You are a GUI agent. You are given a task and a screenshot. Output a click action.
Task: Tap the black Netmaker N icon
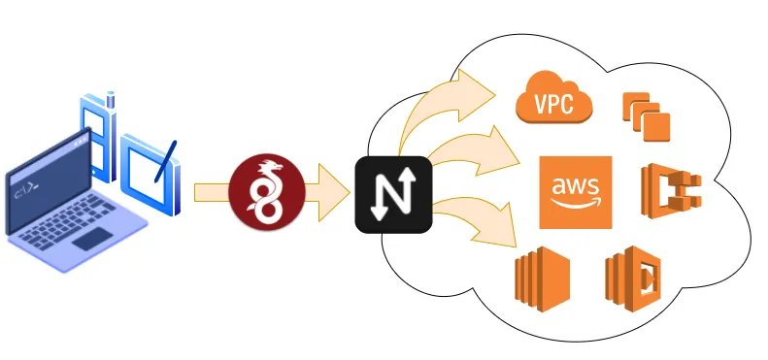point(392,193)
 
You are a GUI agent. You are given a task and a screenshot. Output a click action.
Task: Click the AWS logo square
point(576,192)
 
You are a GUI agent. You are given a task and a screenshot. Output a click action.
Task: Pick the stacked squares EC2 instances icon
point(647,115)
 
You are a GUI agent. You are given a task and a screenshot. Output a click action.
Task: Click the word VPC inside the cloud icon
point(554,104)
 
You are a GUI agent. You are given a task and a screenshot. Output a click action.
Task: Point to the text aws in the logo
point(575,185)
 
